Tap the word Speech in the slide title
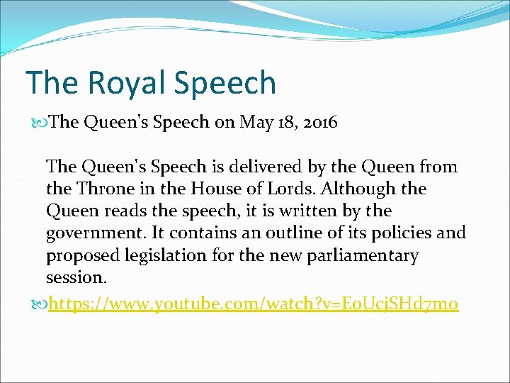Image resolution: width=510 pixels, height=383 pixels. tap(224, 84)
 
